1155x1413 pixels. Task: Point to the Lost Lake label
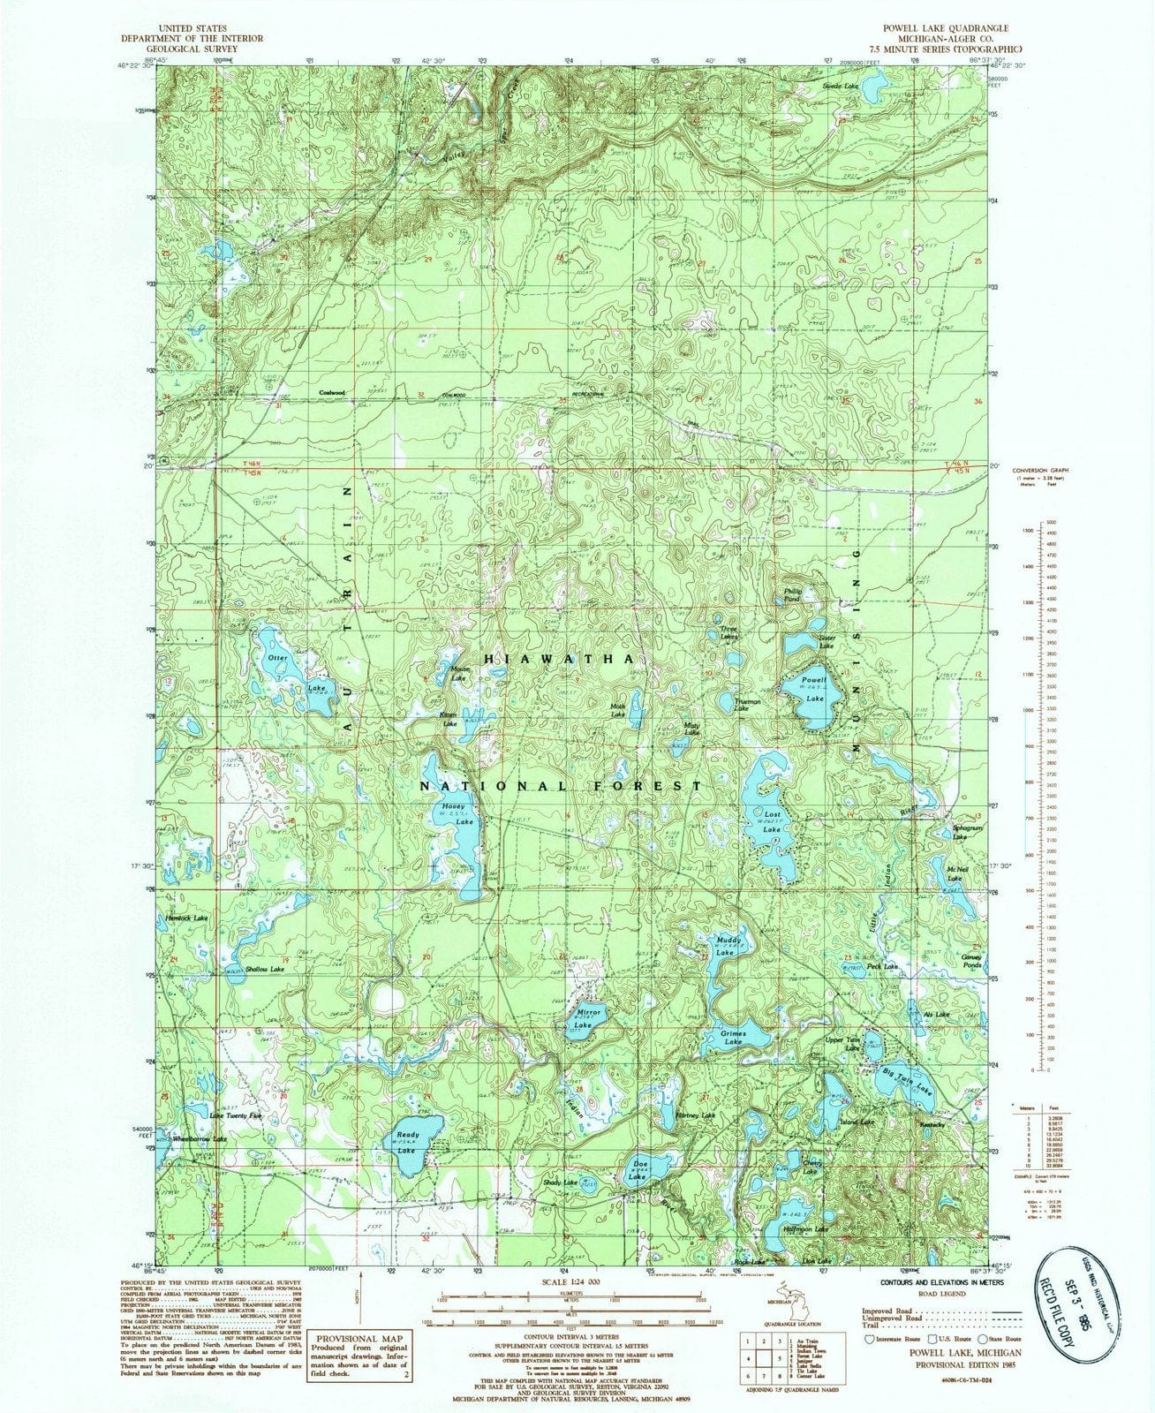[x=773, y=822]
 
